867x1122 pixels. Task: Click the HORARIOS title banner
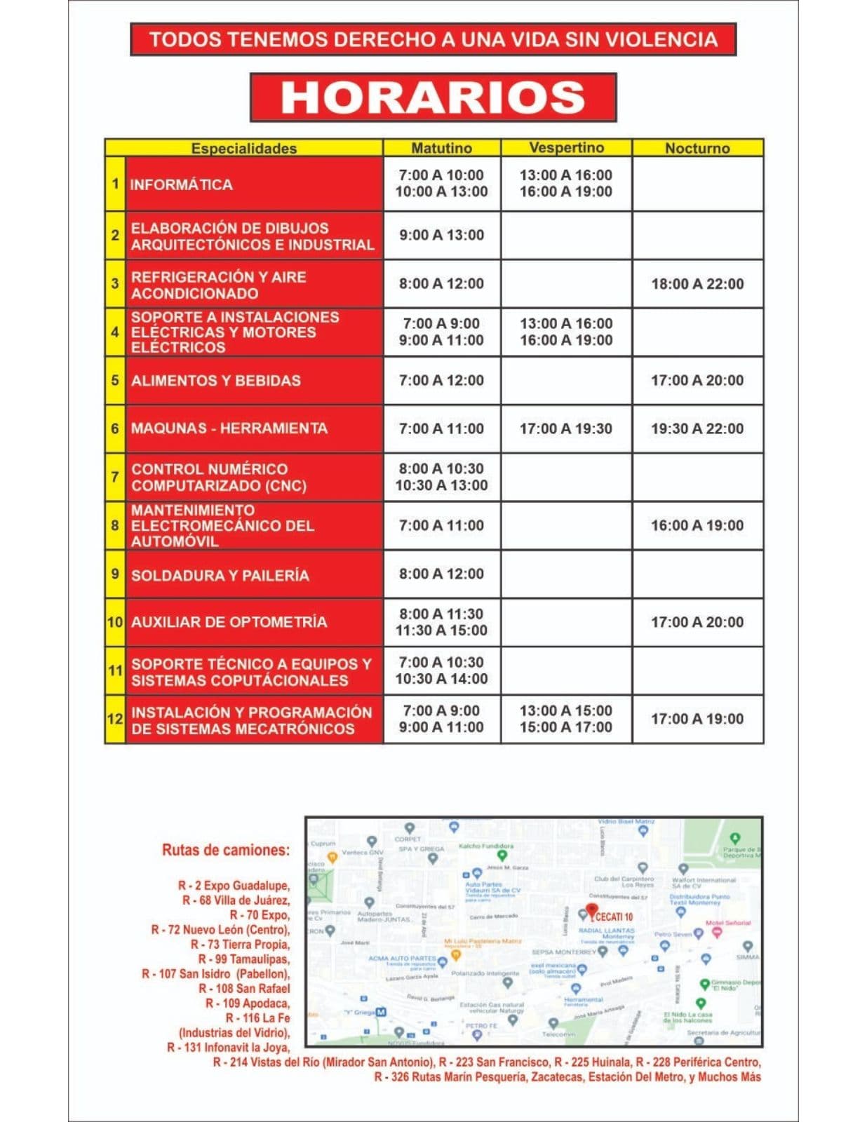click(433, 97)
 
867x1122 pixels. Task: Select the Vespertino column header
click(566, 147)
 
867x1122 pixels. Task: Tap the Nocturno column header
click(697, 148)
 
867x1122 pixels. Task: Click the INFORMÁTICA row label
click(182, 184)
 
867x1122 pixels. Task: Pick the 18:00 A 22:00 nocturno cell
click(697, 284)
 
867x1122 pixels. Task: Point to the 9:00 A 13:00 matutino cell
click(441, 235)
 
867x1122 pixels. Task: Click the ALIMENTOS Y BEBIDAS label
click(216, 381)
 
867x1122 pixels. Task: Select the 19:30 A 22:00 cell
click(697, 428)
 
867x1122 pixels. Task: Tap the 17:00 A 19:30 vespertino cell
click(565, 428)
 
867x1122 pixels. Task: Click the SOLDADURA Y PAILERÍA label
click(220, 575)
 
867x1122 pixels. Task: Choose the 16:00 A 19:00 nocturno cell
click(697, 525)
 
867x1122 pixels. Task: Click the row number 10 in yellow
click(115, 622)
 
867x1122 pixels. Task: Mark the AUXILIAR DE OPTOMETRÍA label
click(229, 622)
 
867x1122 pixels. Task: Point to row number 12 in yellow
click(115, 719)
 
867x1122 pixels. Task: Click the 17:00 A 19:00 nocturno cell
click(697, 719)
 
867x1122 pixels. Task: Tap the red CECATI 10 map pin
click(592, 912)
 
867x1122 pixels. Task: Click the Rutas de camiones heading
click(225, 850)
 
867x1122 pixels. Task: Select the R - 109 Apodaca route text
click(248, 1003)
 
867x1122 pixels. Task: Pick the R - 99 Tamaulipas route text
click(243, 959)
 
